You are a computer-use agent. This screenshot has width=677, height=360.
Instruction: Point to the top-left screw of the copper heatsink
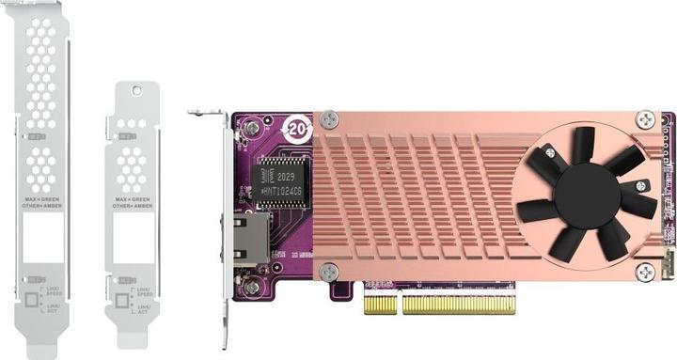click(x=328, y=119)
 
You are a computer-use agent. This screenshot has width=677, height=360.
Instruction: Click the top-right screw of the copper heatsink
click(x=645, y=119)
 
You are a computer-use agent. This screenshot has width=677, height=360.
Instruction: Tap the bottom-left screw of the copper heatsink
click(x=328, y=273)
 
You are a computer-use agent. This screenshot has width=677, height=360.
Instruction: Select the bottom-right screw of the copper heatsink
click(x=645, y=273)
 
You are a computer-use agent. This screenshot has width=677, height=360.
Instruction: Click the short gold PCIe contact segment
click(x=380, y=304)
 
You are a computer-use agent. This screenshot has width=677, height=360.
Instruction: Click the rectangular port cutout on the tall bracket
click(x=40, y=235)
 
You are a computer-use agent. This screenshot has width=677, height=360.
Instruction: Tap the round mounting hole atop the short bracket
click(x=136, y=91)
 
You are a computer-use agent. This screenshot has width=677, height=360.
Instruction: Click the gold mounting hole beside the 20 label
click(x=253, y=126)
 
